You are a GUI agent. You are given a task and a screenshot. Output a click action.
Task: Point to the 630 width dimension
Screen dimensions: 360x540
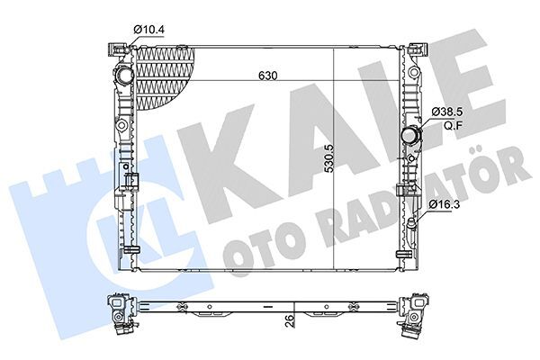[x=264, y=76]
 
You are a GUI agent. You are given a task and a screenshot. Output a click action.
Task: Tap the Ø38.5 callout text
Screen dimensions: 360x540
[x=447, y=111]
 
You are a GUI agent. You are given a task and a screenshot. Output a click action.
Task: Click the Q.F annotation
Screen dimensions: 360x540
[x=444, y=125]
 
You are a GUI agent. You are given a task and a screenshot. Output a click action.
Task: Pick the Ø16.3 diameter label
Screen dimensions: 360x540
[x=446, y=206]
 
